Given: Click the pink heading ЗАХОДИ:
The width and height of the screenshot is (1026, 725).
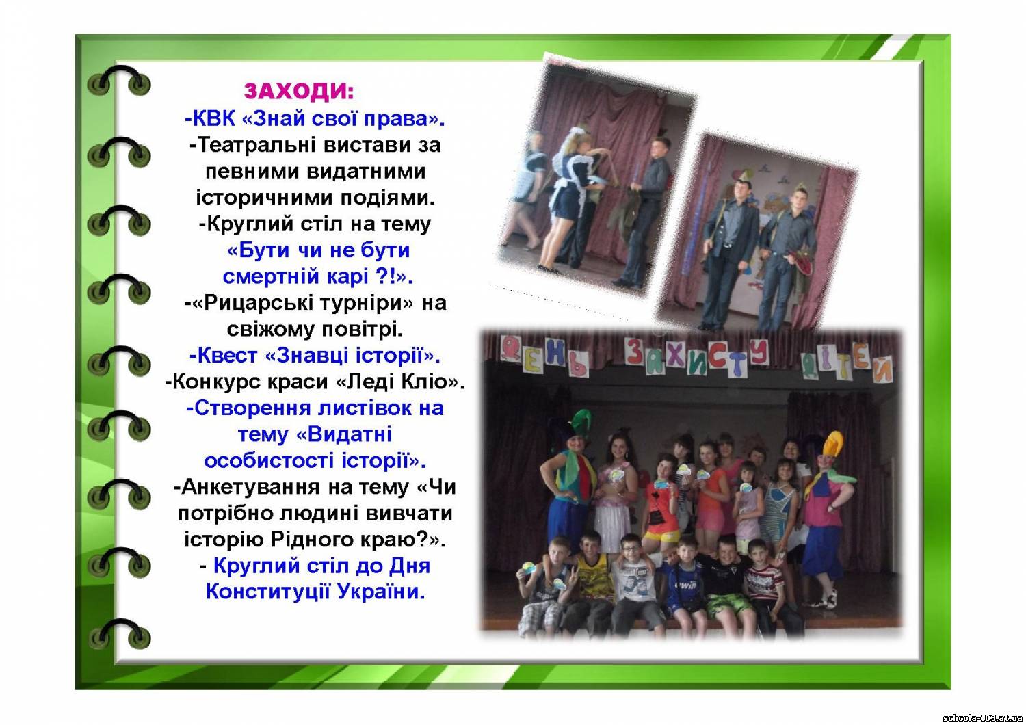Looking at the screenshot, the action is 299,91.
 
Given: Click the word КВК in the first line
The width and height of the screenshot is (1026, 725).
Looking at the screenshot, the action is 213,118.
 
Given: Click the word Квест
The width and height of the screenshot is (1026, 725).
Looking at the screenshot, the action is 226,355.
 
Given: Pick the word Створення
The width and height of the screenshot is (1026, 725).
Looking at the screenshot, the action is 253,408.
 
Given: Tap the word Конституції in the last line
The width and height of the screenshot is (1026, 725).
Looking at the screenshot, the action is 267,592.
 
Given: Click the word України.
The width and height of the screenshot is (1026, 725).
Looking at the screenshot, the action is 381,592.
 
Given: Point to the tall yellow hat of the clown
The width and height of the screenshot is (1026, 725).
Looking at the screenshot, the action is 832,446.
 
